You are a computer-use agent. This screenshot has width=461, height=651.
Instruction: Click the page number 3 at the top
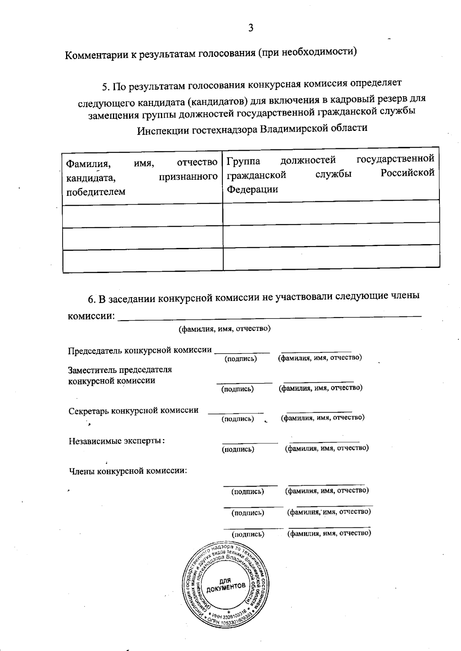click(x=250, y=28)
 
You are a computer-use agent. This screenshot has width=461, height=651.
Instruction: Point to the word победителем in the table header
click(x=96, y=192)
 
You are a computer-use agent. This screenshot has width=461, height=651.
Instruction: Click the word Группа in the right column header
click(x=243, y=160)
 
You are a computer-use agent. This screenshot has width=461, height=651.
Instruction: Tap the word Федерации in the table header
click(x=252, y=189)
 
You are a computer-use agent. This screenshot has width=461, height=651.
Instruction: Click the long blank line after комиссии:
click(x=269, y=316)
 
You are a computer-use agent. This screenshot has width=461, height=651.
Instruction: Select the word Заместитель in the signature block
click(x=92, y=370)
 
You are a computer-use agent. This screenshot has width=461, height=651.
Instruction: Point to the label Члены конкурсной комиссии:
click(x=128, y=471)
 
